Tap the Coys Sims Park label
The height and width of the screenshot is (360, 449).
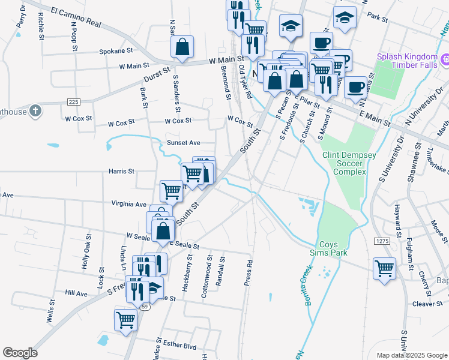pyautogui.click(x=333, y=249)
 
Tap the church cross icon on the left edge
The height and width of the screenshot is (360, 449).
pyautogui.click(x=35, y=110)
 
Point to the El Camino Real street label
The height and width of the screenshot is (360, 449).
pyautogui.click(x=76, y=16)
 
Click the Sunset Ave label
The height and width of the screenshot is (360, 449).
pyautogui.click(x=183, y=143)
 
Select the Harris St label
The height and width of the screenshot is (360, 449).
pyautogui.click(x=121, y=172)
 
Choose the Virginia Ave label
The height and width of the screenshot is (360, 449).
pyautogui.click(x=128, y=204)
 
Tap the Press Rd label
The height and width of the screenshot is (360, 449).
pyautogui.click(x=249, y=272)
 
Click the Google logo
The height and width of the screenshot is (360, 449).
pyautogui.click(x=20, y=353)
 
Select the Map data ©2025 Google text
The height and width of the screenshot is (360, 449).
pyautogui.click(x=411, y=355)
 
